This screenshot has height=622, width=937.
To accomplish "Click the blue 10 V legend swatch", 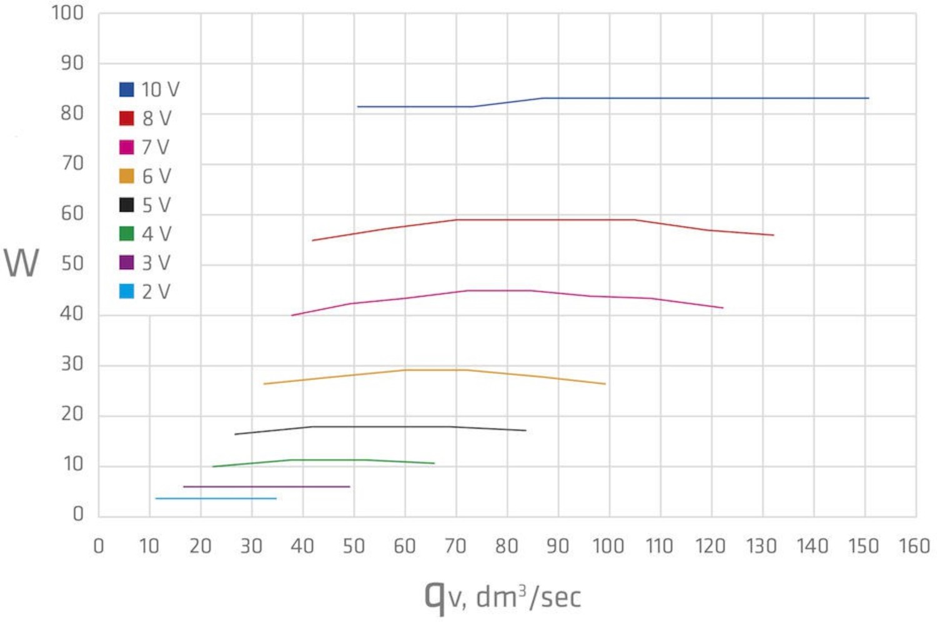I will tap(126, 89).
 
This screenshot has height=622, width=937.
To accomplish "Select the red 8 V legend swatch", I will tap(126, 118).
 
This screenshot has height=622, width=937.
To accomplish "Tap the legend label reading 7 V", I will tap(156, 147).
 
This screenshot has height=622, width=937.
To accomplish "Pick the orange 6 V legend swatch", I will tap(126, 176).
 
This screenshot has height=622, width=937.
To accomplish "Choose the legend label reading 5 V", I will tap(156, 205).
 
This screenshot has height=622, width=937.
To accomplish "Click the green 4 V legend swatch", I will tap(126, 234).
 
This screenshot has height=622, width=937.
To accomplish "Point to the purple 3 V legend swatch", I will tap(126, 262).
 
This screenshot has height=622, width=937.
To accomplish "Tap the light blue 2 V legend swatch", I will tap(126, 291).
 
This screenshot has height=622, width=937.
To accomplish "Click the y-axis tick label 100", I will tap(67, 12).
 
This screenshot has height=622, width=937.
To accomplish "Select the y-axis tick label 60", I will tap(72, 214).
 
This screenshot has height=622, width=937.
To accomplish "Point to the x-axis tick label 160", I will tap(914, 546).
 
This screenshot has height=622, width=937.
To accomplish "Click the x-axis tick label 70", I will tap(455, 546).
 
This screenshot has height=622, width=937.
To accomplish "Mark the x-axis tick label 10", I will tap(149, 546).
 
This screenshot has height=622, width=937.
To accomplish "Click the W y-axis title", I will tap(21, 263).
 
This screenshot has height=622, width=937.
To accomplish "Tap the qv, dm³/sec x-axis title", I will tap(503, 596).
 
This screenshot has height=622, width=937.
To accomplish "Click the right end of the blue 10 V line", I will tap(868, 98).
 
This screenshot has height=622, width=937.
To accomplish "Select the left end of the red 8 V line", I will tap(312, 240).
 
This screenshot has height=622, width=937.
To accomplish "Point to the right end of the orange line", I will tap(605, 383).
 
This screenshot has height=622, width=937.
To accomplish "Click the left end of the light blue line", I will tap(156, 498).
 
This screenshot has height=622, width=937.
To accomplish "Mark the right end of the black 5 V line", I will tap(525, 430).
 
